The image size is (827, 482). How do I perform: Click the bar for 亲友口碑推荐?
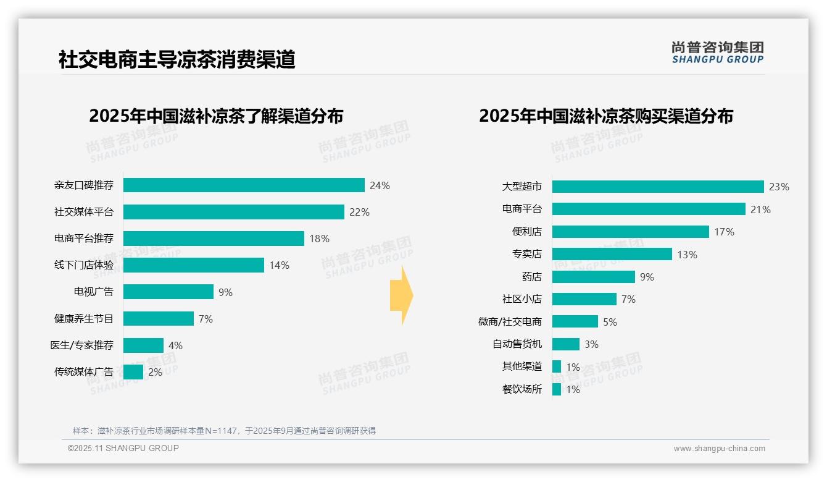coord(244,185)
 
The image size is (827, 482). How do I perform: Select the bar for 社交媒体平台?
coord(233,212)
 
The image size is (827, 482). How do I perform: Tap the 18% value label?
coord(319,239)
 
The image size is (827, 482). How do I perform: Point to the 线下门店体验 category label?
coord(84,265)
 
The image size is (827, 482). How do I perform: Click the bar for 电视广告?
coord(168,292)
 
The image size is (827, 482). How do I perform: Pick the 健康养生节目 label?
coord(84,319)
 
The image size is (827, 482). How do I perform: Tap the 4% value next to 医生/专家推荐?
coord(175,345)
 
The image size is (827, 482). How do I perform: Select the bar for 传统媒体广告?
coord(133,372)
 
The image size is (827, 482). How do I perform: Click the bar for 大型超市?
coord(658,187)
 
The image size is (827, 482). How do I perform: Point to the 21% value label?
coord(760,209)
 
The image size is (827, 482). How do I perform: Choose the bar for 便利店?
coord(630,232)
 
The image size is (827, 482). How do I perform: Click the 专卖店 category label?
coord(527,254)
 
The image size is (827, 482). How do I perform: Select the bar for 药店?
coord(593,277)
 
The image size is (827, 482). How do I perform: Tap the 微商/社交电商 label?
coord(510,321)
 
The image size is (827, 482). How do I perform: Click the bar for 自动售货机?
coord(565,344)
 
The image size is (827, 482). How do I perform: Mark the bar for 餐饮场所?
coord(557,389)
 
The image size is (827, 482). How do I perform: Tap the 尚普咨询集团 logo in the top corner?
coord(717,53)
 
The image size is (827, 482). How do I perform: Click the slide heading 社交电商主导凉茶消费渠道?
coord(177,60)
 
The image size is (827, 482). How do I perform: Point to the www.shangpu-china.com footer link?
coord(719,449)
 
